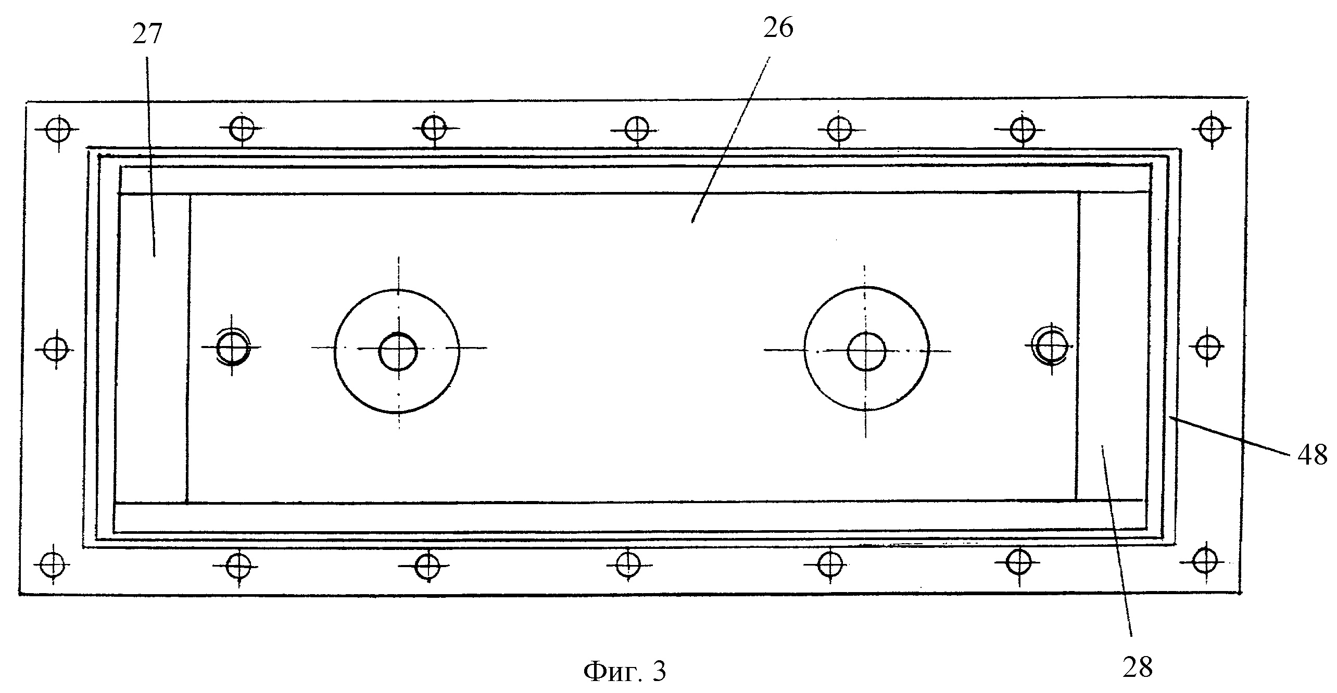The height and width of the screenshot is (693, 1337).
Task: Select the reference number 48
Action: pos(1312,456)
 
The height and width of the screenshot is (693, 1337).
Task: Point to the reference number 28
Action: pos(1138,667)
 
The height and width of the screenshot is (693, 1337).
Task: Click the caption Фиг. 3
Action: pos(624,672)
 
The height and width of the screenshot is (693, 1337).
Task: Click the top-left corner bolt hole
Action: pos(58,130)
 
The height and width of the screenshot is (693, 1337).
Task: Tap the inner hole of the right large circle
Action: pos(866,352)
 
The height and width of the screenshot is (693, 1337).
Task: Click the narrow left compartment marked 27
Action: pos(153,349)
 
